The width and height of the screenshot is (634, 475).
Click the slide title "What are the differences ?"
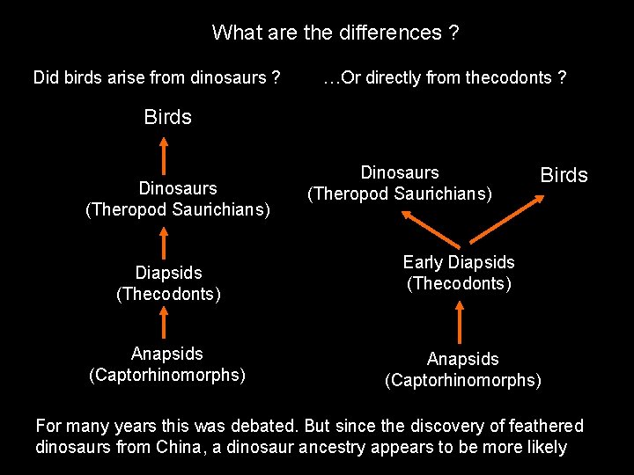pyautogui.click(x=335, y=33)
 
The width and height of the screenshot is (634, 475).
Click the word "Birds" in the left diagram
pyautogui.click(x=167, y=117)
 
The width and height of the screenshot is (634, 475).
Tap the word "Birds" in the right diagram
pyautogui.click(x=563, y=174)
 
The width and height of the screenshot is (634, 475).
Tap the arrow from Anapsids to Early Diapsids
pyautogui.click(x=459, y=321)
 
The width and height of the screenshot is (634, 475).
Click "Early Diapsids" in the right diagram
pyautogui.click(x=458, y=262)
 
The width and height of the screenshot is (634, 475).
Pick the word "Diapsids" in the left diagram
pyautogui.click(x=168, y=273)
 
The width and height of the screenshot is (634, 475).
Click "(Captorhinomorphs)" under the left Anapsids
pyautogui.click(x=167, y=375)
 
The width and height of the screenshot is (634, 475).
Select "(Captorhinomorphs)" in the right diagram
pyautogui.click(x=463, y=380)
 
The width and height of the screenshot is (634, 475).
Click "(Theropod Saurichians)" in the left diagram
pyautogui.click(x=178, y=209)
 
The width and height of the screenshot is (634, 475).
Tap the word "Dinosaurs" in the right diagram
pyautogui.click(x=400, y=172)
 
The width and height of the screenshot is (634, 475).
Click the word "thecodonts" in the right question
pyautogui.click(x=509, y=78)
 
